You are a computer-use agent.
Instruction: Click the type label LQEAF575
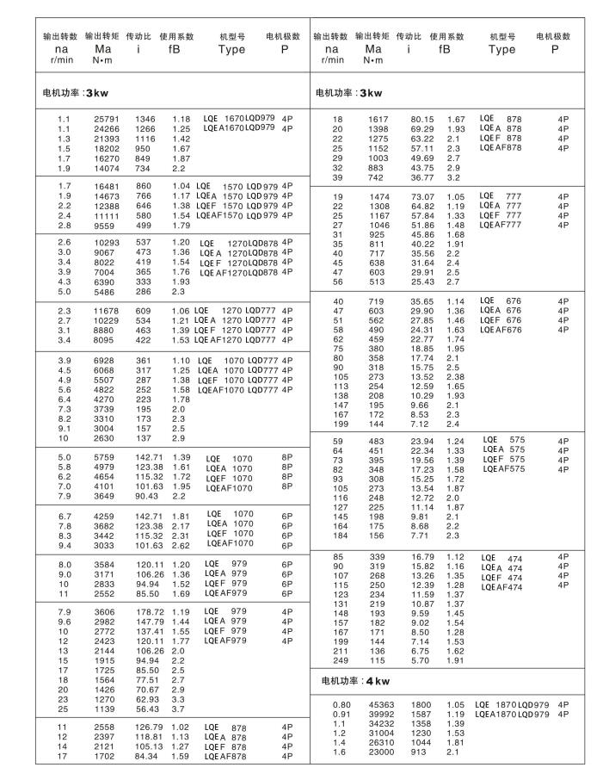click(x=503, y=469)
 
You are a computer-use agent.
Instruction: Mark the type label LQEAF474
click(x=503, y=587)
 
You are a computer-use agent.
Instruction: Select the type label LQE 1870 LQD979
click(x=512, y=704)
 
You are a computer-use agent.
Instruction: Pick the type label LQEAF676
click(x=503, y=330)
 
